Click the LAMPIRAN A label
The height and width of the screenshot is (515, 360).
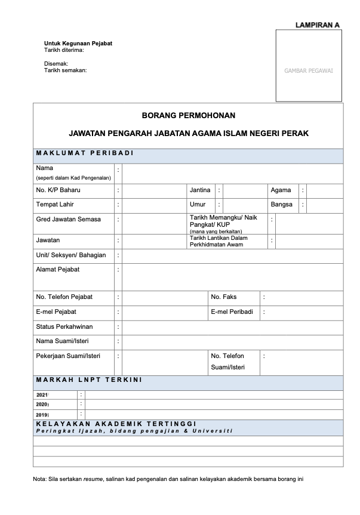tap(317, 25)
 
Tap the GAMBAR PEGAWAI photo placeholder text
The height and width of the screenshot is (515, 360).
tap(309, 71)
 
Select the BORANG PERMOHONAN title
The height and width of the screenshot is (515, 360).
tap(189, 115)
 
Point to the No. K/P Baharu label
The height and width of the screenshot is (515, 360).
tap(58, 190)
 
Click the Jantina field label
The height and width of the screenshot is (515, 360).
tap(200, 190)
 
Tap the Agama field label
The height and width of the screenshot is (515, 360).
tap(281, 190)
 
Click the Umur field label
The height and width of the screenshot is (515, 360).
tap(198, 205)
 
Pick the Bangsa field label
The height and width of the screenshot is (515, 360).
tap(282, 205)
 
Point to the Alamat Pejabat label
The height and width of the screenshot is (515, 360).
tap(58, 269)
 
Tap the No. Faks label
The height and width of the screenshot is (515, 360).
tap(224, 297)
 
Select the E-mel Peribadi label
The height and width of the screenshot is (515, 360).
tap(232, 312)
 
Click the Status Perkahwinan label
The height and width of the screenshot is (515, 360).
tap(64, 326)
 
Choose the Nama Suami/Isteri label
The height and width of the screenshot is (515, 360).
tap(61, 341)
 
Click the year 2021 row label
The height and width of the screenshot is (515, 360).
tap(42, 395)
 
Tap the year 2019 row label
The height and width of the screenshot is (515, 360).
tap(42, 414)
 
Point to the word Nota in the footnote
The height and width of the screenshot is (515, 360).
tap(39, 479)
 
